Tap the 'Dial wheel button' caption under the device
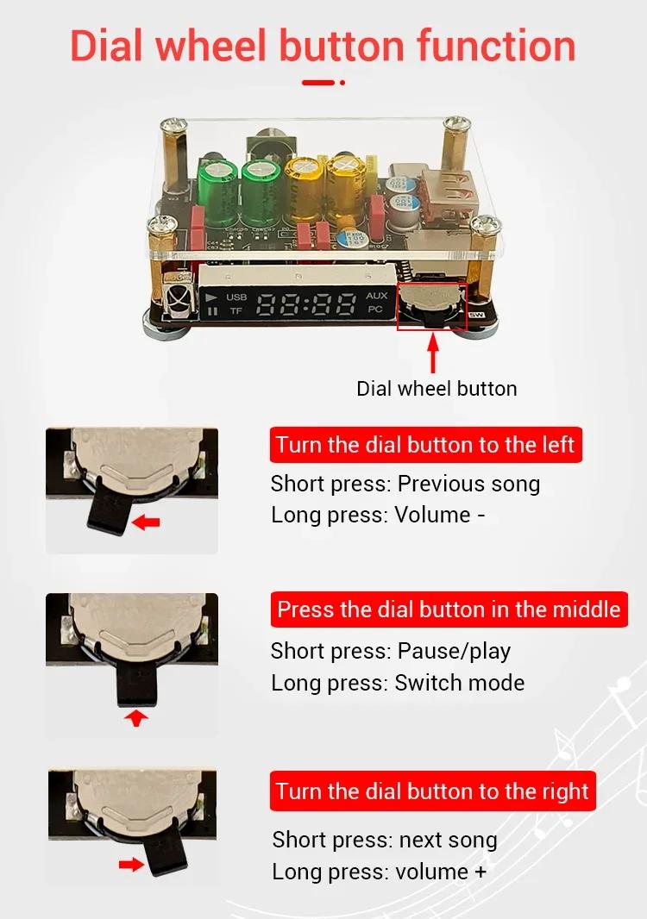coord(437,389)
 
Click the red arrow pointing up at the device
coord(433,353)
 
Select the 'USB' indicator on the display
coord(236,297)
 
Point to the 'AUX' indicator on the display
coord(376,296)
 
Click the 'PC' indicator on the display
coord(375,309)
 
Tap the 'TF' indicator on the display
coord(236,310)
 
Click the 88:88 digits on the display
coord(307,305)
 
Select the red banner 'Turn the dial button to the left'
coord(426,445)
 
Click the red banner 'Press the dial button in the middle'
coord(449,610)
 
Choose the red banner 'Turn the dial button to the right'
coord(432,791)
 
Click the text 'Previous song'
coord(468,485)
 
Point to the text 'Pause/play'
coord(454,651)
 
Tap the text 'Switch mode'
coord(459,683)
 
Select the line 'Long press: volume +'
coord(380,872)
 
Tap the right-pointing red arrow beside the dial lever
coord(131,864)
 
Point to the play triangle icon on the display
coord(211,297)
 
